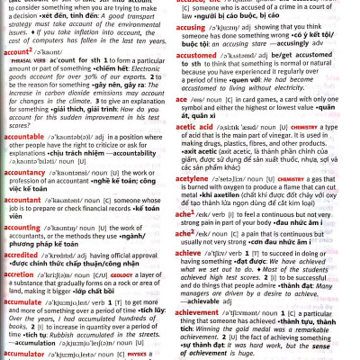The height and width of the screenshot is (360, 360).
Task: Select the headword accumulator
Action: pyautogui.click(x=30, y=355)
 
